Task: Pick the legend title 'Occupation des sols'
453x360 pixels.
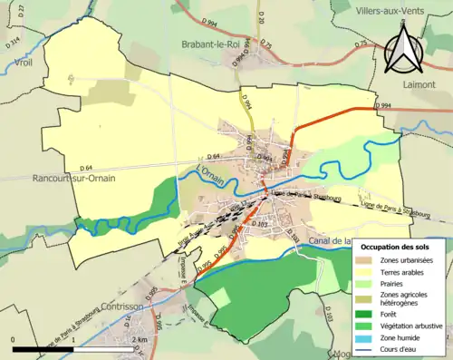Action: point(395,247)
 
